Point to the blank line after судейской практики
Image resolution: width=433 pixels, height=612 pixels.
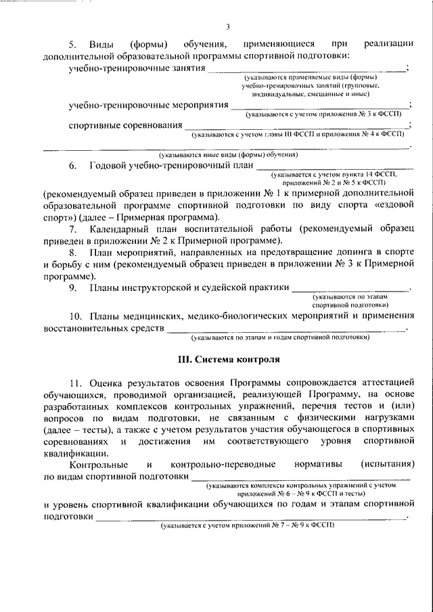350,290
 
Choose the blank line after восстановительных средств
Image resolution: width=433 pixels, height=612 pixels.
288,329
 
